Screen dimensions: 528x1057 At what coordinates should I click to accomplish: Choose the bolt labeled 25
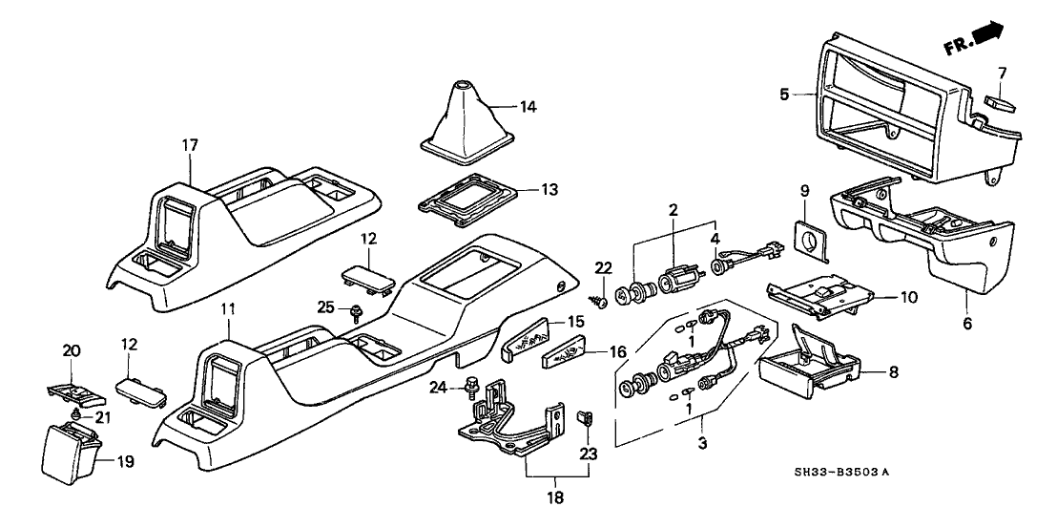(x=356, y=310)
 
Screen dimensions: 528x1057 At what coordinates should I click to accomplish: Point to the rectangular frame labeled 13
(x=467, y=195)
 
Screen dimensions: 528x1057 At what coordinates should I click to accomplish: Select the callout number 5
(x=783, y=95)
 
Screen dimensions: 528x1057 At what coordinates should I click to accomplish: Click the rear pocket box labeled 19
(x=69, y=453)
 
